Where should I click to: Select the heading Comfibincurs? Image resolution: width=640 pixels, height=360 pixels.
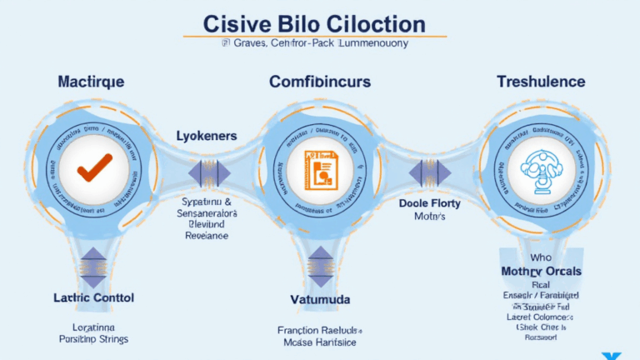[319, 82]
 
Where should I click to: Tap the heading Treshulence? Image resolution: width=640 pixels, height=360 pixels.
[541, 82]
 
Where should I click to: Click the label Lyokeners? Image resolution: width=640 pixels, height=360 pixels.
[207, 135]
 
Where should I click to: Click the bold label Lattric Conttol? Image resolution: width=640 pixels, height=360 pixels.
[92, 297]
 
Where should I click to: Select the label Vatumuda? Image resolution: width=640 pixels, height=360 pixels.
[320, 299]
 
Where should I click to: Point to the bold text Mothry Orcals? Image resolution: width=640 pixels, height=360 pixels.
[542, 272]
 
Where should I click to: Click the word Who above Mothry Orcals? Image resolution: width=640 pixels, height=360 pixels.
[541, 257]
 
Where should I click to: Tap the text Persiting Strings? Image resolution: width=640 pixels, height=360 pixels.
[93, 339]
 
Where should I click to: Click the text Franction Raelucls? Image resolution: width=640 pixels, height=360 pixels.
[320, 330]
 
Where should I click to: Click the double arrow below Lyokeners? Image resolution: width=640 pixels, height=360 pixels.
[207, 173]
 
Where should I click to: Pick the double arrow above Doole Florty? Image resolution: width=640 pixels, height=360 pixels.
[430, 172]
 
